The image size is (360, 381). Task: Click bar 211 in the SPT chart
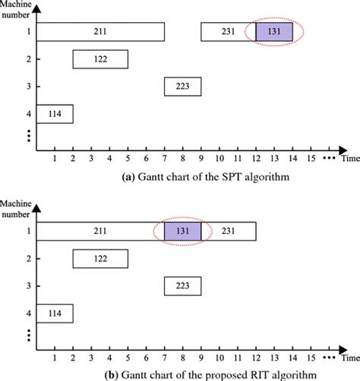point(100,32)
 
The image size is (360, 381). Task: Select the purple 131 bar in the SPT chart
point(274,32)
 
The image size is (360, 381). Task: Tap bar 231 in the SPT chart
point(228,32)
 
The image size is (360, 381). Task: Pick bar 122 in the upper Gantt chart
point(100,59)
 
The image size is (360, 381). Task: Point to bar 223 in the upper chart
point(182,87)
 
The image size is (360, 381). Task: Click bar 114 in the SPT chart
point(55,114)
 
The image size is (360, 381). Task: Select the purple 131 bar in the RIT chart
point(182,231)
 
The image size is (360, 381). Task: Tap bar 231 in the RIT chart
point(228,231)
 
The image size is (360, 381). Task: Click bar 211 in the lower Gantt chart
point(100,231)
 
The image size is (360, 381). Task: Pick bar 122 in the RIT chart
point(100,259)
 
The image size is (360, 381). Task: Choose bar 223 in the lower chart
point(182,286)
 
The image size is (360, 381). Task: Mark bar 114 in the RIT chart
point(55,313)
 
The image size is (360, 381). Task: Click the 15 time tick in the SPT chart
point(310,158)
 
